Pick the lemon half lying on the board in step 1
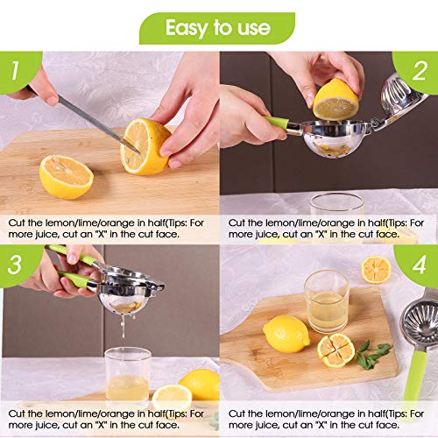(x=66, y=176)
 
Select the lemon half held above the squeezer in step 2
(x=337, y=98)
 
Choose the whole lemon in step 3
(x=201, y=384)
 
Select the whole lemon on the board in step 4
(x=286, y=334)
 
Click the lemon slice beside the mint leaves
(x=336, y=350)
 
